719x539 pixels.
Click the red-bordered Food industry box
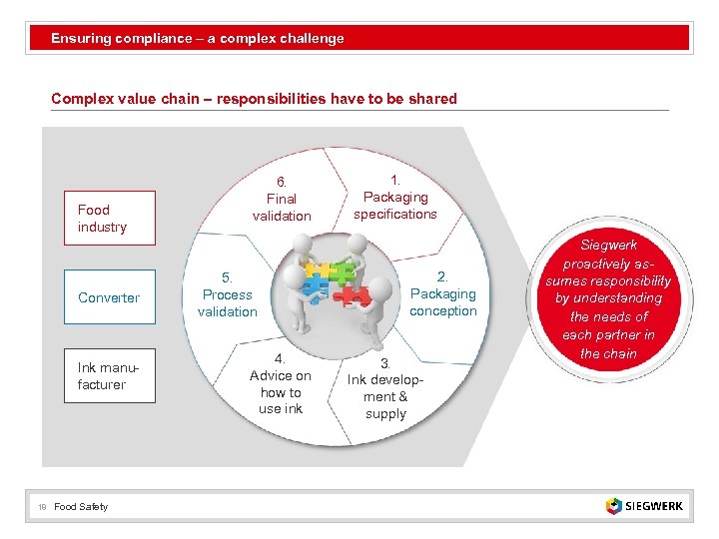pyautogui.click(x=110, y=218)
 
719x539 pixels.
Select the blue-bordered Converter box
pyautogui.click(x=110, y=297)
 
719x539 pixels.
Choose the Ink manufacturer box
pyautogui.click(x=110, y=376)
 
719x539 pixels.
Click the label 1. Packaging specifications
pyautogui.click(x=395, y=197)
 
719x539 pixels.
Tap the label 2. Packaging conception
pyautogui.click(x=442, y=293)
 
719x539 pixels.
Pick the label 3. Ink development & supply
pyautogui.click(x=385, y=388)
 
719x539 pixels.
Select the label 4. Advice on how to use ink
pyautogui.click(x=280, y=383)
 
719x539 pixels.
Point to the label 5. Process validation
pyautogui.click(x=228, y=294)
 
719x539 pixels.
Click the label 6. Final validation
pyautogui.click(x=282, y=199)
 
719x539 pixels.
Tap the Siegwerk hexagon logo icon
pyautogui.click(x=613, y=506)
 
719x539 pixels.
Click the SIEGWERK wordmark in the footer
pyautogui.click(x=655, y=506)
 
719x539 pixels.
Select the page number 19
pyautogui.click(x=42, y=507)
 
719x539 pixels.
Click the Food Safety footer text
pyautogui.click(x=81, y=507)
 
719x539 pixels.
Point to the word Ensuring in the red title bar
pyautogui.click(x=81, y=39)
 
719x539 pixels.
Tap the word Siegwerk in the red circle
pyautogui.click(x=608, y=245)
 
